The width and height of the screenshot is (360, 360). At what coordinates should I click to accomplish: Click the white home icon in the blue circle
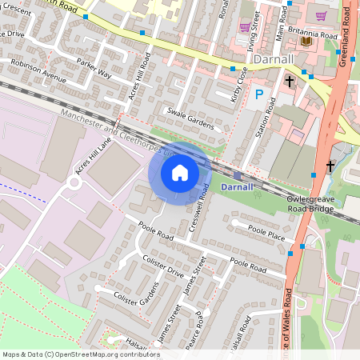180,172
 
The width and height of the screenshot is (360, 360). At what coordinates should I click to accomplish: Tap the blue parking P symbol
258,95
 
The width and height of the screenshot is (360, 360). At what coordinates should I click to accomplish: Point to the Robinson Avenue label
38,74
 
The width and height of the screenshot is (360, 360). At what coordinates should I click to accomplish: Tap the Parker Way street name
94,67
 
